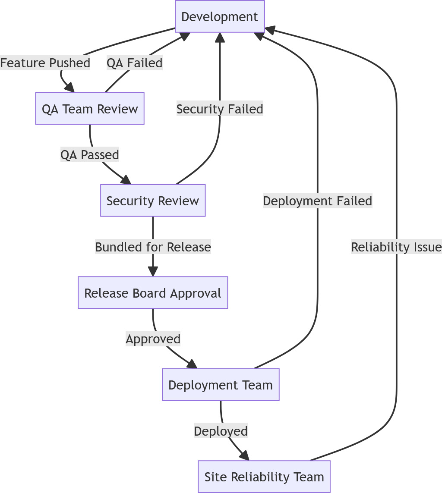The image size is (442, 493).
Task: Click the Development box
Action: pos(220,16)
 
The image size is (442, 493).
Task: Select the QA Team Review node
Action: pos(90,109)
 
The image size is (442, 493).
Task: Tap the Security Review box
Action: pos(153,201)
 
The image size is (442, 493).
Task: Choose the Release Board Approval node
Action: pos(153,293)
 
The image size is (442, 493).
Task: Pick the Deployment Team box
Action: pos(221,385)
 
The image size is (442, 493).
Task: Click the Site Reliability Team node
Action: pos(264,477)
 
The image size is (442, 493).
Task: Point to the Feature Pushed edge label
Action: pos(45,63)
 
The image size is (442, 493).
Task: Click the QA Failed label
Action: pos(135,63)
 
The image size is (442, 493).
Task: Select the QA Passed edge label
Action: pos(90,154)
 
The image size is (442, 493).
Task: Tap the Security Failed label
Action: pos(220,109)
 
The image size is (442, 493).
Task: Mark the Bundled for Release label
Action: pos(153,247)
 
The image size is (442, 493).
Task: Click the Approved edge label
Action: pos(153,339)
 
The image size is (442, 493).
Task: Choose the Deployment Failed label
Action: pos(317,201)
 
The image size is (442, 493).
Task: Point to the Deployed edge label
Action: pos(221,431)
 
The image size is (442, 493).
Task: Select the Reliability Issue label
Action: pos(396,247)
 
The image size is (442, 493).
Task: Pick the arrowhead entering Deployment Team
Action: pos(193,364)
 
